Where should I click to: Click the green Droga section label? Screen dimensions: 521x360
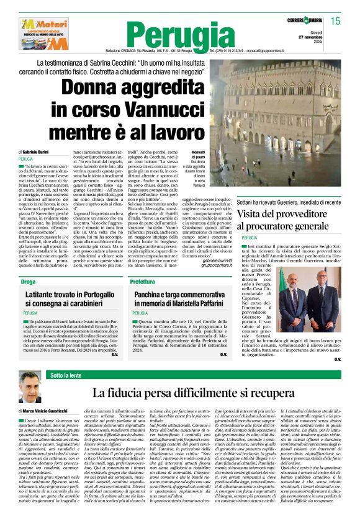pyautogui.click(x=29, y=282)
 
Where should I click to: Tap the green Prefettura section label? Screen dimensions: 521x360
pyautogui.click(x=142, y=282)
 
